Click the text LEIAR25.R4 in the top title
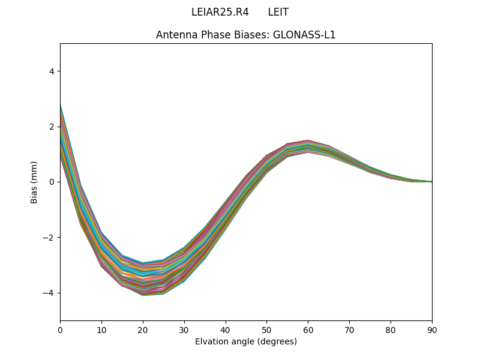tap(220, 12)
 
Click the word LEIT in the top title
tap(278, 12)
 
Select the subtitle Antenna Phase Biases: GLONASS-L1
tap(245, 35)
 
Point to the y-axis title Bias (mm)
tap(34, 182)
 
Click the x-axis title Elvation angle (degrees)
tap(245, 341)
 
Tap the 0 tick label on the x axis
tap(60, 329)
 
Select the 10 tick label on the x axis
tap(101, 329)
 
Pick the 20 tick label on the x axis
tap(143, 329)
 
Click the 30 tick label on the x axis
tap(184, 329)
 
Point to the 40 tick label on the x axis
tap(226, 329)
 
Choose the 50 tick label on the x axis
tap(266, 329)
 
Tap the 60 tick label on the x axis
tap(308, 329)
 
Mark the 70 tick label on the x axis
tap(349, 329)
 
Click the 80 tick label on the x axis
tap(391, 329)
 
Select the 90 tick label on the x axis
tap(432, 329)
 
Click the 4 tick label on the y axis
tap(52, 71)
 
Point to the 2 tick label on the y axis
tap(52, 127)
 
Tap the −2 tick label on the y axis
tap(49, 238)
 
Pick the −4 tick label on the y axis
tap(49, 293)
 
